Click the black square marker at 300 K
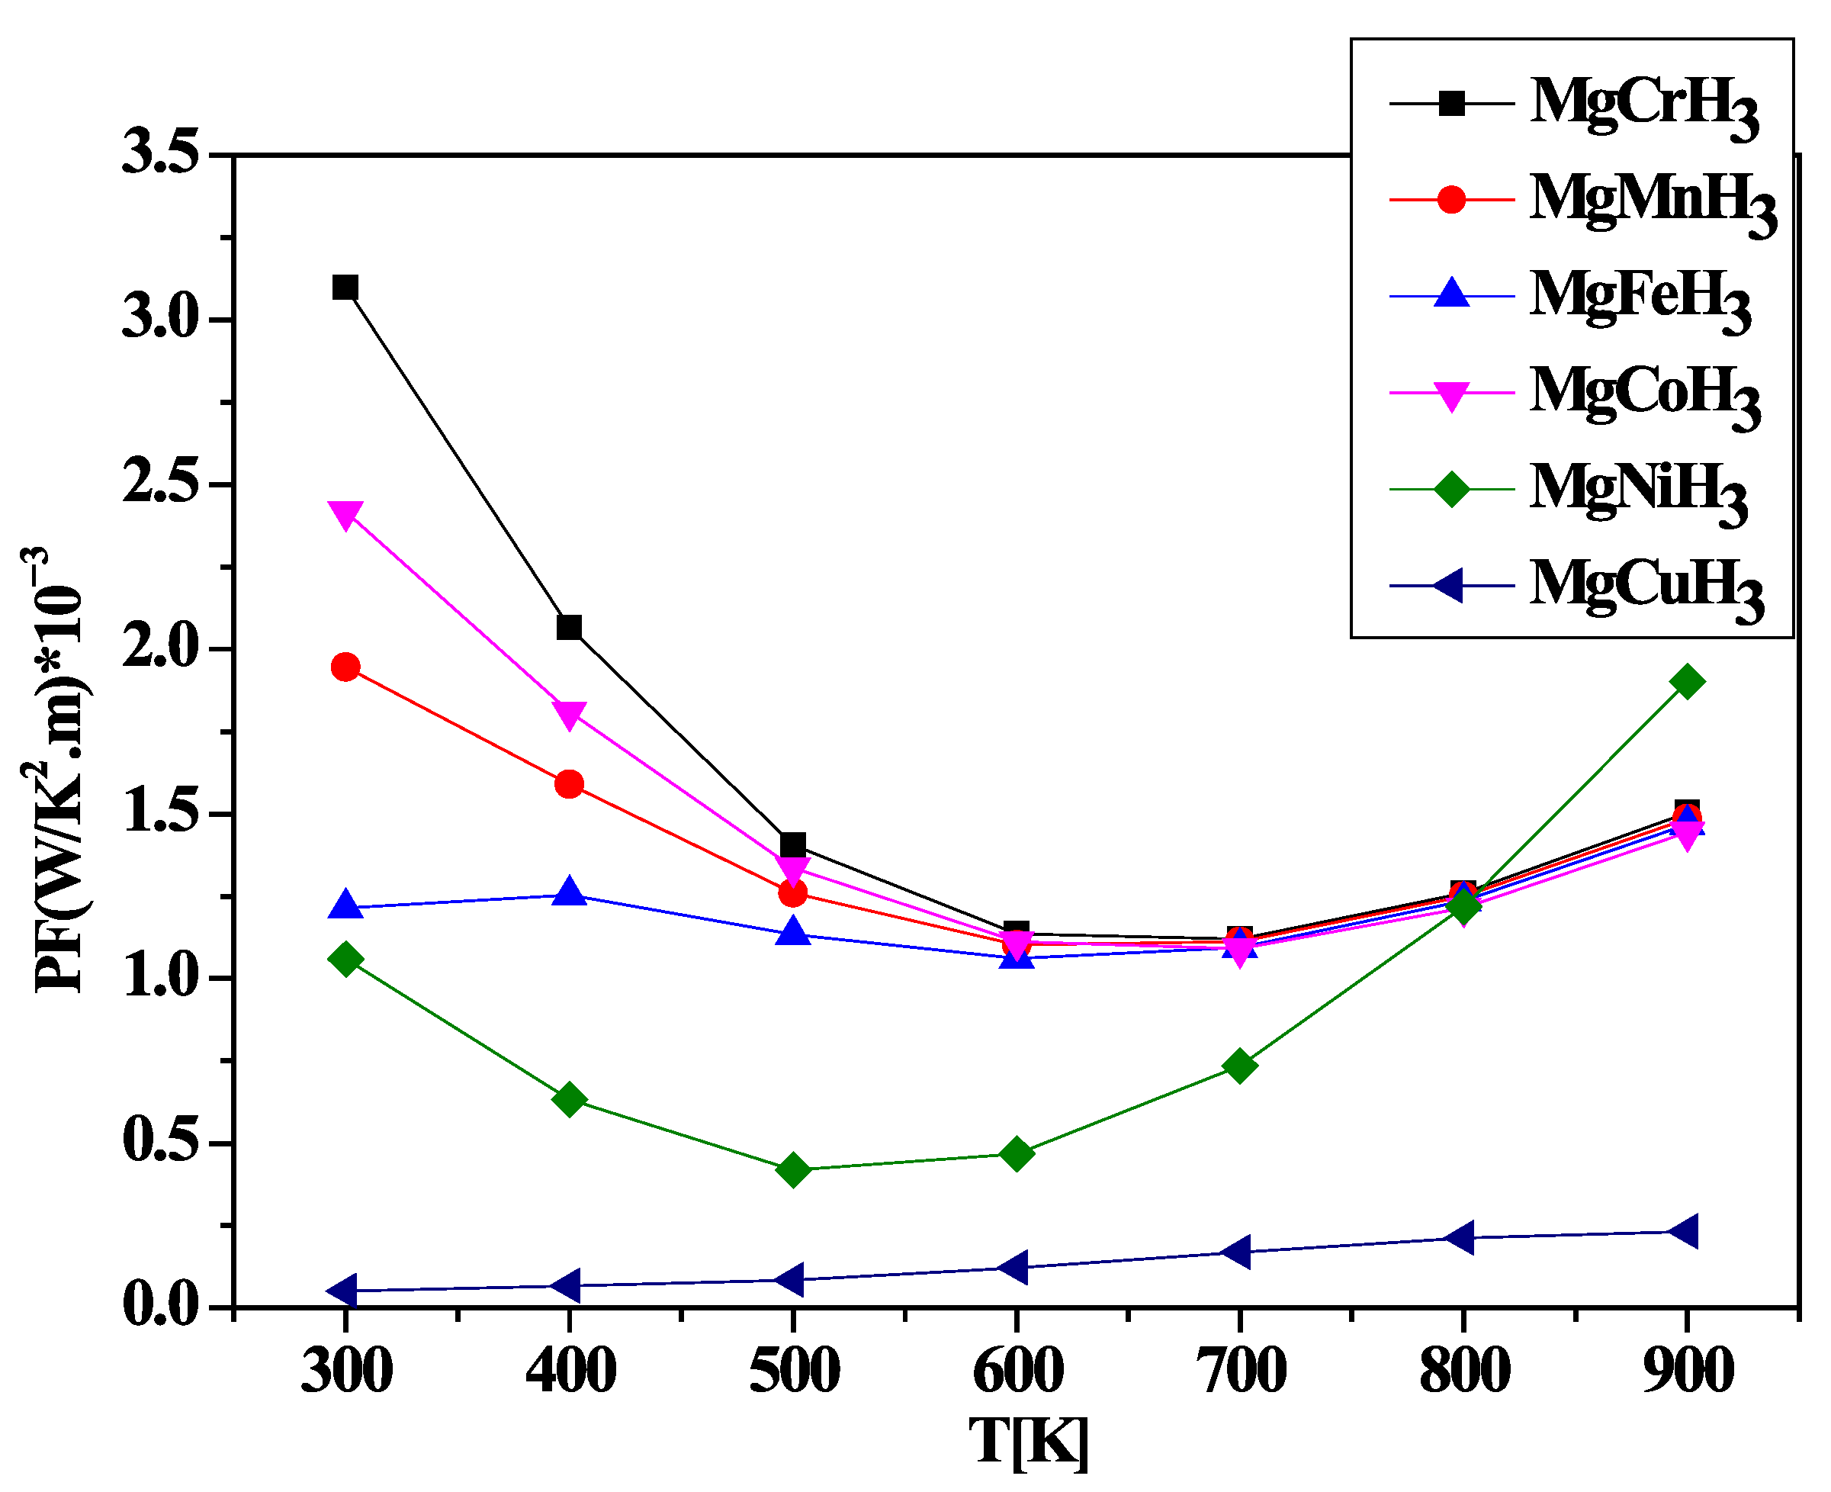tap(345, 287)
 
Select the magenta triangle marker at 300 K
tap(345, 516)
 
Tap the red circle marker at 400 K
tap(569, 784)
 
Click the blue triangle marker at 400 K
tap(569, 891)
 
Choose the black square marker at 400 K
tap(569, 628)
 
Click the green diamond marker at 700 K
tap(1239, 1066)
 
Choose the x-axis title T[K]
tap(1029, 1442)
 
